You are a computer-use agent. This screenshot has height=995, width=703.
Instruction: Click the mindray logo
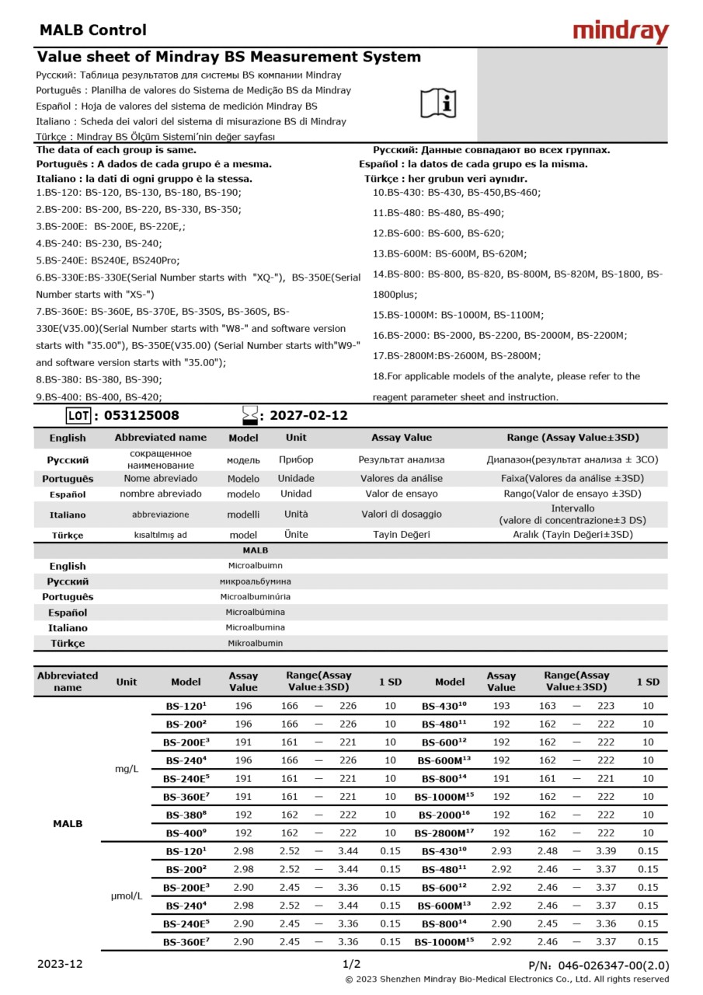[x=620, y=32]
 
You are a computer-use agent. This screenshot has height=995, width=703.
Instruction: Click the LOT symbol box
[x=78, y=416]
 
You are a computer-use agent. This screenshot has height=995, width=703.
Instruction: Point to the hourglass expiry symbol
[x=249, y=415]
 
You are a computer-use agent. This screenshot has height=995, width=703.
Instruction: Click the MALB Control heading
[x=92, y=30]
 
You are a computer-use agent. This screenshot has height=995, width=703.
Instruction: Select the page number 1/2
[x=351, y=964]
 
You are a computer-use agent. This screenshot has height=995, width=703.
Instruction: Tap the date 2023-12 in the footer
[x=60, y=964]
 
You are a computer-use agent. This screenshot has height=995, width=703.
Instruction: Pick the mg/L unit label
[x=127, y=769]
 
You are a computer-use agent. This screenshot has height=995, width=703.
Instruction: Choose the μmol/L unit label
[x=127, y=895]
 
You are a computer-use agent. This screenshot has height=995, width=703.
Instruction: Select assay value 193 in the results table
[x=501, y=707]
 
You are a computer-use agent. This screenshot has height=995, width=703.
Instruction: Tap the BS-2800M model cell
[x=445, y=833]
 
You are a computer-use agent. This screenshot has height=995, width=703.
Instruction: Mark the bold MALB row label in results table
[x=68, y=823]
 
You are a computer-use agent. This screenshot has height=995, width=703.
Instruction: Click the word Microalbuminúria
[x=256, y=597]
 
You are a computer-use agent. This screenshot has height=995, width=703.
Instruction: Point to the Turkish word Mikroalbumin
[x=256, y=644]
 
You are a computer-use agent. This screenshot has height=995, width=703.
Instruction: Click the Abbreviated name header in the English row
[x=161, y=438]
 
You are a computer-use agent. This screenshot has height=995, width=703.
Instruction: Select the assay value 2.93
[x=501, y=851]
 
